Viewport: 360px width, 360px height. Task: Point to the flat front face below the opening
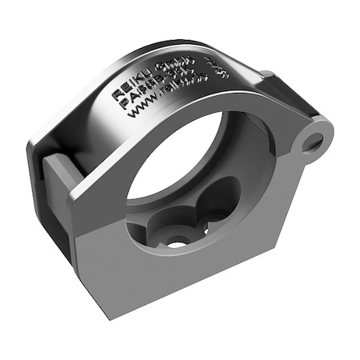point(160,280)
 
